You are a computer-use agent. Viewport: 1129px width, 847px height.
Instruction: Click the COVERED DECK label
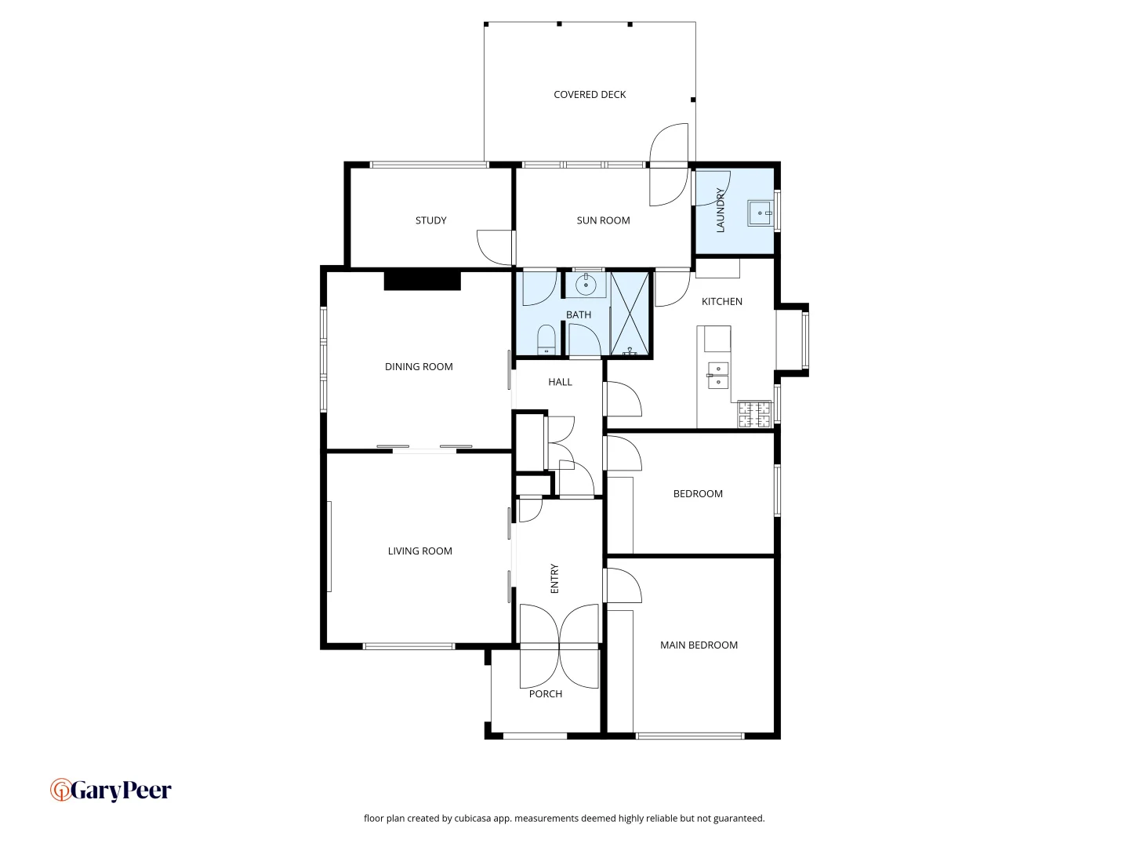(x=590, y=95)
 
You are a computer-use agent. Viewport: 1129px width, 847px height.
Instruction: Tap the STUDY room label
(x=430, y=220)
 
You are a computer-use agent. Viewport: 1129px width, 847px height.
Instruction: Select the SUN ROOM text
(x=603, y=220)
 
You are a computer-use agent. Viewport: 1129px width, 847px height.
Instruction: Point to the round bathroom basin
(x=586, y=285)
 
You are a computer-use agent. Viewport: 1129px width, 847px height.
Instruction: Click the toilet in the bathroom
(x=546, y=340)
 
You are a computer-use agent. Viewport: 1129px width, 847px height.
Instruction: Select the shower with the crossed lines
(x=630, y=314)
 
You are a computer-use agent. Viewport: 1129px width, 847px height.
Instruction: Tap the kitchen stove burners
(x=754, y=414)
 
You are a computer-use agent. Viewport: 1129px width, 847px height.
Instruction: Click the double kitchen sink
(x=718, y=376)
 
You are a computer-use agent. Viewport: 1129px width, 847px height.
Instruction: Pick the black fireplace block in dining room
(x=422, y=280)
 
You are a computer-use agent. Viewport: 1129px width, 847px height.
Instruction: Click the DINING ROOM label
(x=419, y=367)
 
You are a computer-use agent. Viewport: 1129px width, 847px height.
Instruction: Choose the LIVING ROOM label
(x=419, y=551)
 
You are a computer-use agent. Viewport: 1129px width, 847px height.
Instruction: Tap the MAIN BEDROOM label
(x=699, y=645)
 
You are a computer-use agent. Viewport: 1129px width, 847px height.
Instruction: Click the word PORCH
(x=546, y=694)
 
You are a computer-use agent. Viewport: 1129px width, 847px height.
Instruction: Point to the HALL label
(x=560, y=382)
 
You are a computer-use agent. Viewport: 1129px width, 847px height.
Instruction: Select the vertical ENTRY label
(x=554, y=579)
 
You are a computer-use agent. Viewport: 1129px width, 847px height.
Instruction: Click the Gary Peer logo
(x=111, y=790)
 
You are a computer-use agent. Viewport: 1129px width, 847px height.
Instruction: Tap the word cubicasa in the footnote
(x=473, y=818)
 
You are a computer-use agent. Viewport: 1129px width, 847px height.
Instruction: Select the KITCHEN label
(x=721, y=302)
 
